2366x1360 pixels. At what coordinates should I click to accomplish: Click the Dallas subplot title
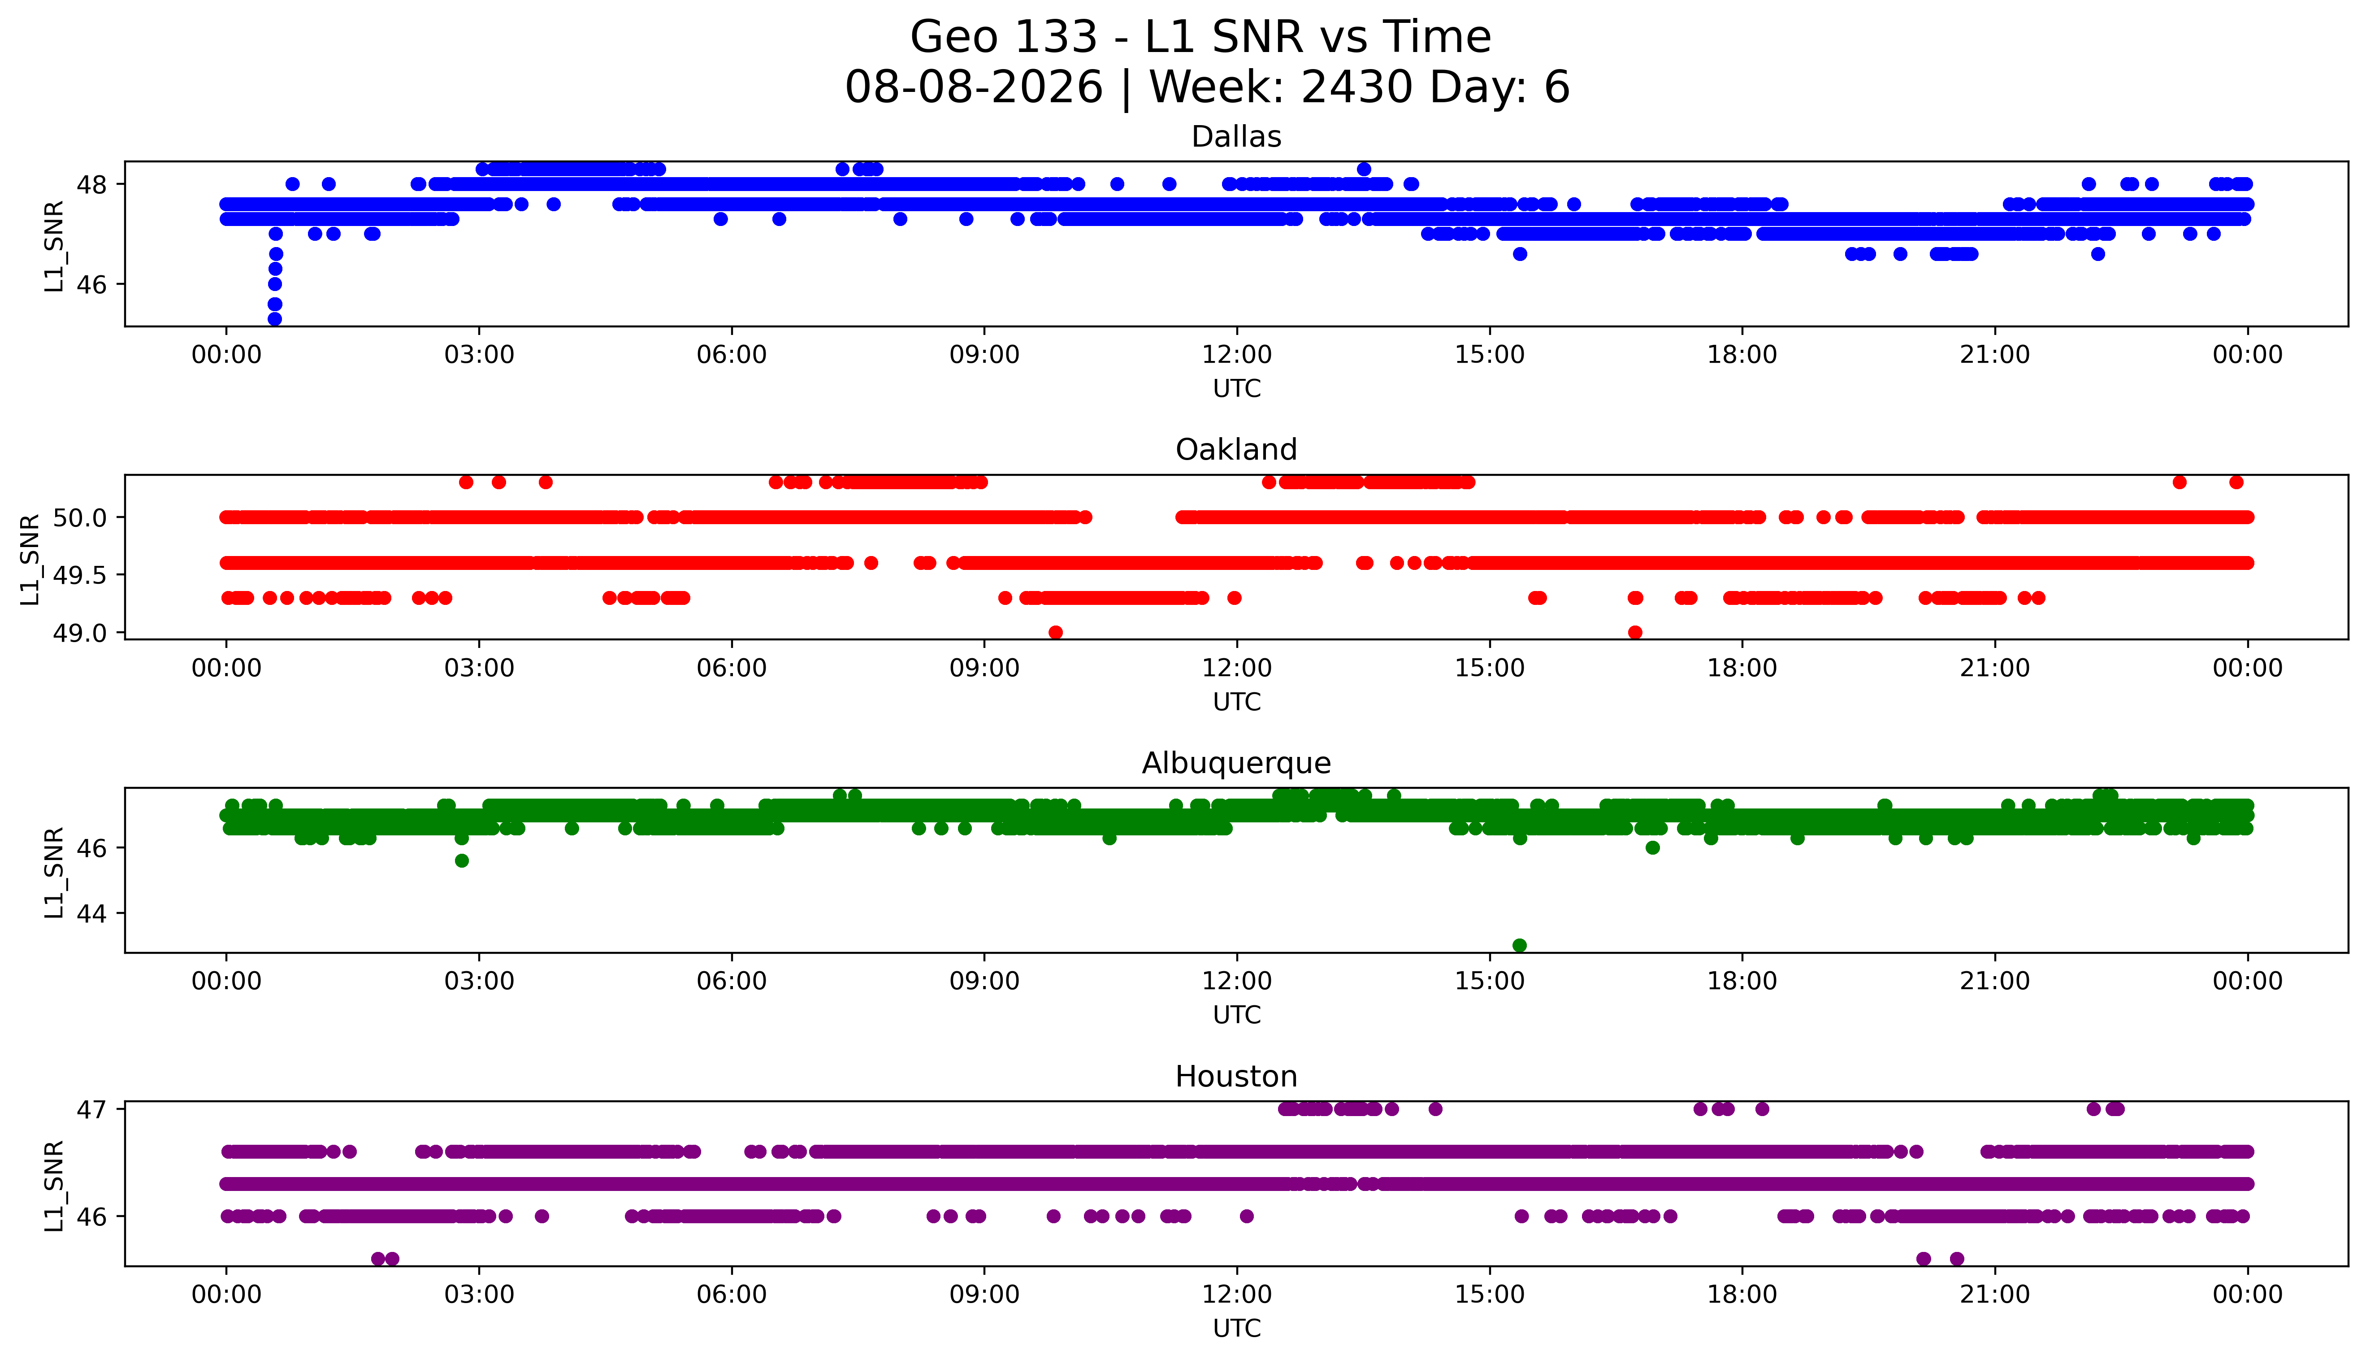coord(1236,137)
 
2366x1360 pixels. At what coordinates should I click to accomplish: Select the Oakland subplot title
coord(1236,450)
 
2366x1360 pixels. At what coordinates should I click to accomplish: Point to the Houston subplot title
coord(1236,1077)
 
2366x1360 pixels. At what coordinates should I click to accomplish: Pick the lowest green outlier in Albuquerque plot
coord(1519,945)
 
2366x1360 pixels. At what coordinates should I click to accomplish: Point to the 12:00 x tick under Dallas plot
coord(1237,355)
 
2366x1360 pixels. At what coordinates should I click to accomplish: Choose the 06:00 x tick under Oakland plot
coord(732,668)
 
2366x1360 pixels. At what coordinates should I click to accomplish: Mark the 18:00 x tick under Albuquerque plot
coord(1742,981)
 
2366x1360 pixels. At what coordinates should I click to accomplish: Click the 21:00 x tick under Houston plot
coord(1995,1295)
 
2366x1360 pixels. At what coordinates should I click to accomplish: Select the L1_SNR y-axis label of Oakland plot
coord(31,559)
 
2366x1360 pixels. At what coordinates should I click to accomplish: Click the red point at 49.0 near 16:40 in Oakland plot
coord(1635,632)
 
